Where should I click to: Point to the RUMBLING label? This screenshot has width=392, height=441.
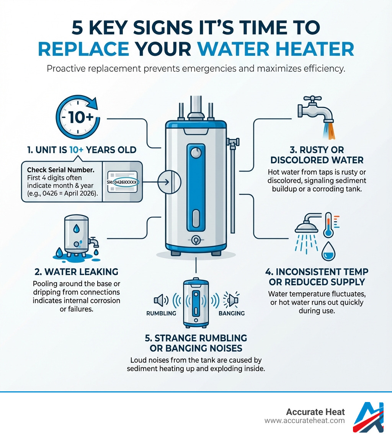click(x=161, y=313)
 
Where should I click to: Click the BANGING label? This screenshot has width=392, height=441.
click(x=231, y=313)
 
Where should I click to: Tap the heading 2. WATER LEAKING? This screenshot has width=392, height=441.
click(x=76, y=272)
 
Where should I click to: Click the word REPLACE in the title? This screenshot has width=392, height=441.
click(x=83, y=49)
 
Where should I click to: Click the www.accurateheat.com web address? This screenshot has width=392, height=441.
click(x=304, y=421)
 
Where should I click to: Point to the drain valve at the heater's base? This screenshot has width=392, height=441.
click(x=196, y=240)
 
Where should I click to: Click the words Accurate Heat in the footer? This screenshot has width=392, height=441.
click(x=315, y=412)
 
